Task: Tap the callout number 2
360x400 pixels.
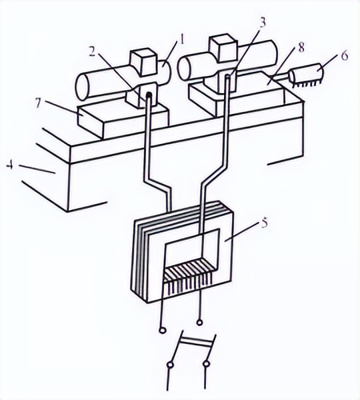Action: pyautogui.click(x=93, y=53)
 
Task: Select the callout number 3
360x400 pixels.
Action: pyautogui.click(x=262, y=22)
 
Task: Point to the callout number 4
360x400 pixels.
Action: pyautogui.click(x=10, y=165)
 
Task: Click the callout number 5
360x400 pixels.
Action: pyautogui.click(x=264, y=223)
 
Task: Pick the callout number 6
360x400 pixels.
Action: pyautogui.click(x=345, y=55)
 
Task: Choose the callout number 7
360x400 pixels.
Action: pyautogui.click(x=38, y=103)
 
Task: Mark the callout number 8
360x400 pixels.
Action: pyautogui.click(x=301, y=47)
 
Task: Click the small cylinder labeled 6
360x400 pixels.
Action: pyautogui.click(x=307, y=74)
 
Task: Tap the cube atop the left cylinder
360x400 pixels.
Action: pyautogui.click(x=143, y=63)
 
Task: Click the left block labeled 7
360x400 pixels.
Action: pyautogui.click(x=123, y=121)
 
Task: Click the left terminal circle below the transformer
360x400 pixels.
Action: pyautogui.click(x=162, y=331)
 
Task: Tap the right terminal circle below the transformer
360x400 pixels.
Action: pyautogui.click(x=199, y=323)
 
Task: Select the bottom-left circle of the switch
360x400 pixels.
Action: pyautogui.click(x=170, y=365)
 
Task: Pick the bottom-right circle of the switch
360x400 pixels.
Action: pyautogui.click(x=207, y=364)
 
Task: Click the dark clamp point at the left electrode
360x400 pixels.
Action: pyautogui.click(x=149, y=95)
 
